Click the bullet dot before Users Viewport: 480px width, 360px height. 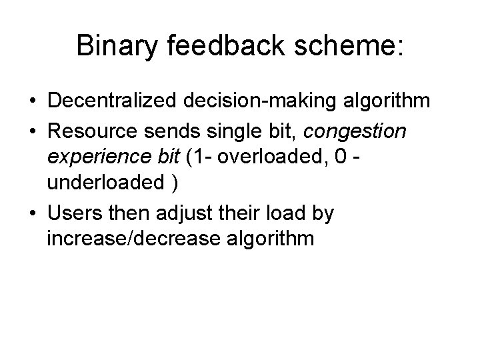[x=32, y=215]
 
